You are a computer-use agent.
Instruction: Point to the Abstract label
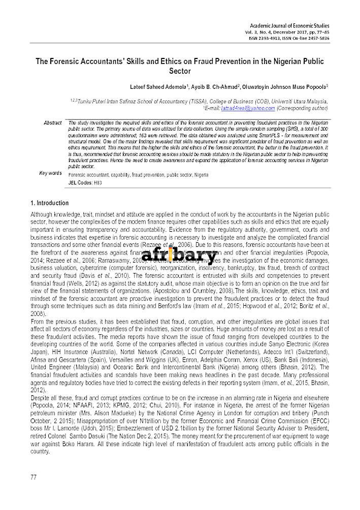point(53,123)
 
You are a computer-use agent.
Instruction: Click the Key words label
point(51,174)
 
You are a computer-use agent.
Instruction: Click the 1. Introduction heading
point(50,203)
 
